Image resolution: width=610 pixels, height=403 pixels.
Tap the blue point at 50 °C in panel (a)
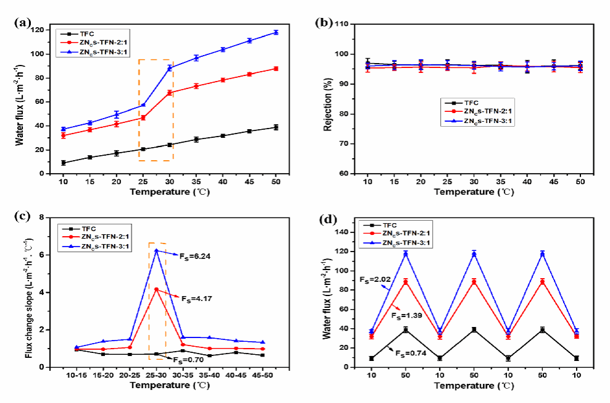click(275, 32)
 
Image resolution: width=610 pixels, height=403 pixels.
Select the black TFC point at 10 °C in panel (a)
click(64, 163)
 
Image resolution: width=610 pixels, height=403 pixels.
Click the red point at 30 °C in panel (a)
click(169, 93)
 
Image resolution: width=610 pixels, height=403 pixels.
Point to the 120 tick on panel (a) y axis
click(41, 30)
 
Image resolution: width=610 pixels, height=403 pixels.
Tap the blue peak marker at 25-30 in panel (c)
click(157, 250)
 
